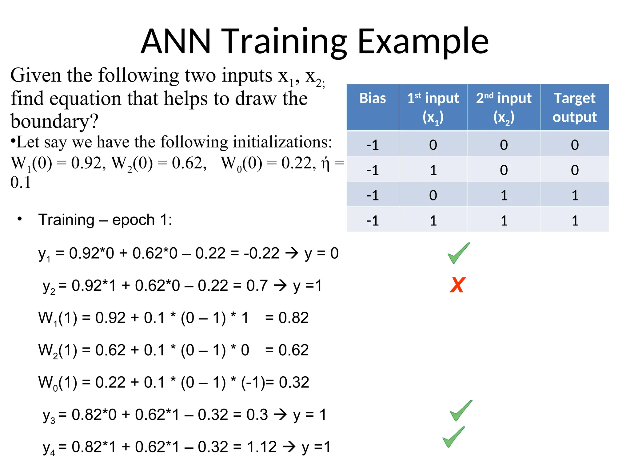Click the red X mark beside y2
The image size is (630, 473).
click(457, 285)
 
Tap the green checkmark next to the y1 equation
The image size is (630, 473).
click(458, 253)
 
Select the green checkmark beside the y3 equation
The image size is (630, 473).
click(461, 411)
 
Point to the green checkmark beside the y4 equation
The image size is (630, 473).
click(453, 437)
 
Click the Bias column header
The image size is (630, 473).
click(373, 99)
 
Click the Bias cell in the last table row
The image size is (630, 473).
click(373, 220)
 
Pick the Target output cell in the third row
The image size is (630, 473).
click(575, 195)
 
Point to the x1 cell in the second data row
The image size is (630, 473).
click(433, 170)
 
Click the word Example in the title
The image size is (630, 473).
click(423, 42)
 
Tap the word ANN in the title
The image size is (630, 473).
click(176, 42)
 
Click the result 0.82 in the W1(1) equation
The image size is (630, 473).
click(293, 318)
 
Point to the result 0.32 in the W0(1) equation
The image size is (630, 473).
click(294, 382)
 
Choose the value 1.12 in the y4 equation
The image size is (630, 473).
click(262, 447)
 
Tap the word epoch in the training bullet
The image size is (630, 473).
click(133, 220)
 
